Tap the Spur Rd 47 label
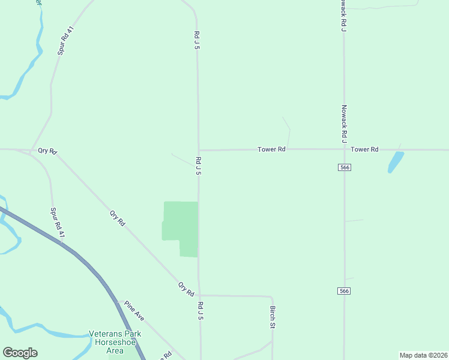[57, 223]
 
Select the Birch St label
[272, 317]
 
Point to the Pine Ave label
[134, 311]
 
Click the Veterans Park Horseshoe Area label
[115, 342]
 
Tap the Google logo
[20, 353]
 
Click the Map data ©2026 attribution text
[423, 355]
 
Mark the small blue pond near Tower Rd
[395, 161]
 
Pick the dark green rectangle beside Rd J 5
[181, 228]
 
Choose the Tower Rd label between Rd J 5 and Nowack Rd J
[271, 149]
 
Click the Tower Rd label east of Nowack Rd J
[364, 149]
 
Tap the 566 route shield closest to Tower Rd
[344, 167]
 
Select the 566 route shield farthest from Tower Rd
[344, 291]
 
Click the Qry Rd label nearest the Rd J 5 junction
[186, 289]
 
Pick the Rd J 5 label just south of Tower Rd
[197, 165]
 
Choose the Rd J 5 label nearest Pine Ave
[200, 310]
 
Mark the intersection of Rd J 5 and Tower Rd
[199, 150]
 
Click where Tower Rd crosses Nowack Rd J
[344, 149]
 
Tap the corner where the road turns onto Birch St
[271, 296]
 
